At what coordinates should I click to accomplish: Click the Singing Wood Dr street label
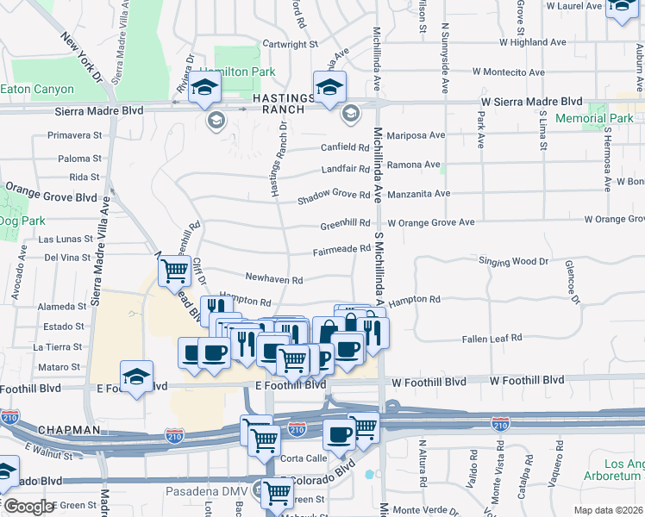(x=513, y=261)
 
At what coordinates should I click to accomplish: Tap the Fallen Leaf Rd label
(x=492, y=339)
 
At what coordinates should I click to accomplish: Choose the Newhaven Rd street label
(x=274, y=280)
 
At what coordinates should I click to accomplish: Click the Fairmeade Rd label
(x=341, y=251)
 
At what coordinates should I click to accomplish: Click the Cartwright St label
(x=291, y=43)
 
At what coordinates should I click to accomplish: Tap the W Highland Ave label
(x=533, y=41)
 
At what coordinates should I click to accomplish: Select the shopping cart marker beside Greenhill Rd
(x=175, y=271)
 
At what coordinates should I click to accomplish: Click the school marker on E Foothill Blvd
(x=136, y=376)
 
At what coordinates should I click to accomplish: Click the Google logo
(x=28, y=506)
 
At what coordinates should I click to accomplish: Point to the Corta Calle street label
(x=304, y=458)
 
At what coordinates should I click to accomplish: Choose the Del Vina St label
(x=67, y=257)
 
